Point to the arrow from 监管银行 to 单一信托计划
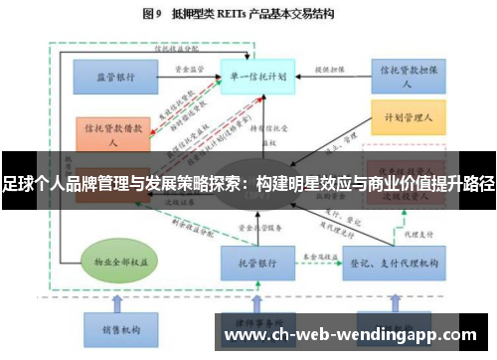[189, 77]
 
